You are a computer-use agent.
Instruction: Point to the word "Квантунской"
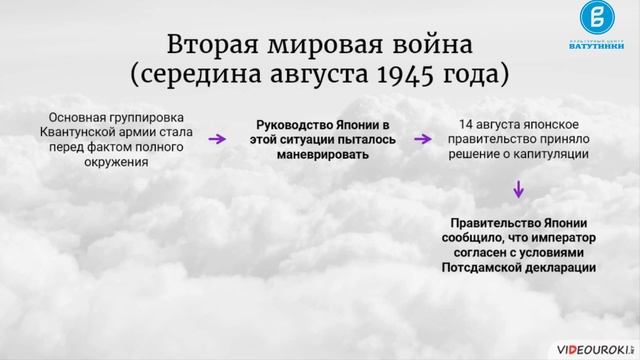pyautogui.click(x=81, y=132)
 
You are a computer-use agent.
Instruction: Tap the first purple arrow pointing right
pyautogui.click(x=216, y=140)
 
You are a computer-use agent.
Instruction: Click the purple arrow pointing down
pyautogui.click(x=518, y=189)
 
